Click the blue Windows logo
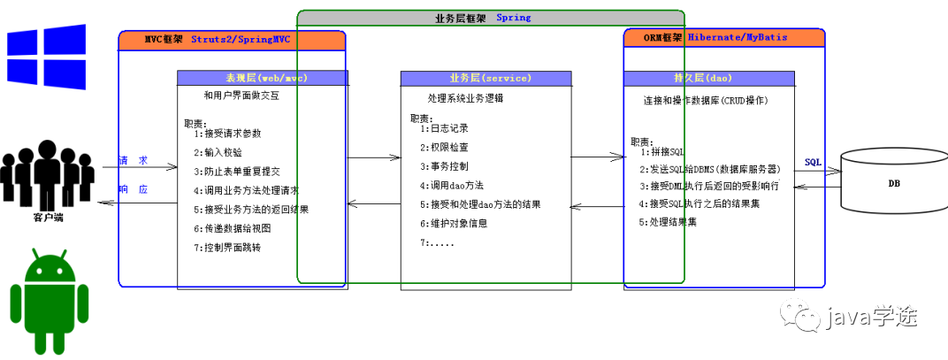[x=47, y=53]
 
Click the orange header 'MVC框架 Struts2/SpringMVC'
[x=232, y=40]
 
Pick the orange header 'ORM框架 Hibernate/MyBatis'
[x=723, y=38]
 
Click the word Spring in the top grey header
[x=514, y=17]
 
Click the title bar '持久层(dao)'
[x=708, y=78]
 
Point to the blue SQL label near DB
[x=814, y=163]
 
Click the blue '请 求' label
[x=134, y=160]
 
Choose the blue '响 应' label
[x=134, y=189]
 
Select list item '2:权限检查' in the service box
[x=445, y=147]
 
